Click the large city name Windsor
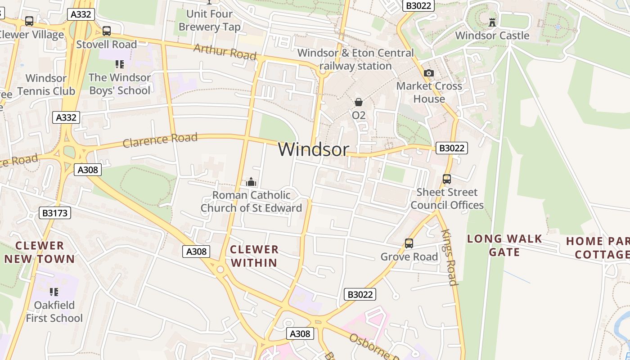click(313, 149)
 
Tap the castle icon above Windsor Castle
click(492, 22)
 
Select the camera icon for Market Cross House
click(429, 73)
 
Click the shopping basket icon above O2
click(359, 102)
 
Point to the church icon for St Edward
click(251, 182)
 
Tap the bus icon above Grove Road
click(409, 243)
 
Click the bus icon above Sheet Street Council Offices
click(446, 179)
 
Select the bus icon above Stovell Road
click(107, 31)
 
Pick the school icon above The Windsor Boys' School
click(119, 64)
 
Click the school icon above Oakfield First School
click(54, 292)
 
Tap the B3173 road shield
click(55, 213)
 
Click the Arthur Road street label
click(225, 52)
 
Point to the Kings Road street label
click(450, 257)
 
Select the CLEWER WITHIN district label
click(254, 256)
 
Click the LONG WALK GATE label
click(504, 245)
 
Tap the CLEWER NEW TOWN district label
click(40, 252)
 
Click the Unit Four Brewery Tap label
click(210, 20)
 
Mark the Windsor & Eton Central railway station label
click(355, 59)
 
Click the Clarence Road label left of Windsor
click(160, 140)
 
